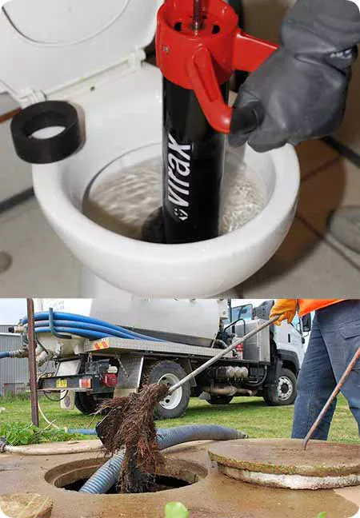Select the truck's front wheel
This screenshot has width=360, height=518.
click(x=282, y=387)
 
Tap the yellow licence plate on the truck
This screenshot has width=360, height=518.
click(x=62, y=383)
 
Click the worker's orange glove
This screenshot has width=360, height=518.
click(x=282, y=309)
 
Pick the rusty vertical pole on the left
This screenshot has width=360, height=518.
click(x=32, y=360)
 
